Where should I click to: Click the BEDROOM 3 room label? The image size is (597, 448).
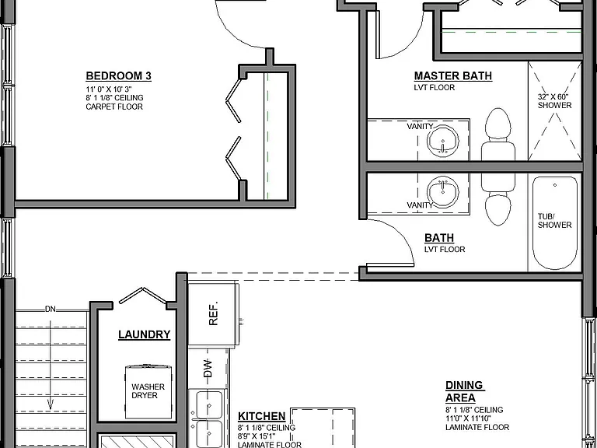(118, 76)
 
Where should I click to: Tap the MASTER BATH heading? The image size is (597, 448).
(453, 75)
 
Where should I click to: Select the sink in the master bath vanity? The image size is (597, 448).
(443, 140)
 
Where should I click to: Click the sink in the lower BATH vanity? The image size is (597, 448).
(443, 191)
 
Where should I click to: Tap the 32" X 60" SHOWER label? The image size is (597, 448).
(554, 101)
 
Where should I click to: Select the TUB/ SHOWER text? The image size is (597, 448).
(554, 221)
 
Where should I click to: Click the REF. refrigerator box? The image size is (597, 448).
(214, 313)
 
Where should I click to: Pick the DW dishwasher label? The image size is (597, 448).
(208, 369)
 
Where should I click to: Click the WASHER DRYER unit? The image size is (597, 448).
(148, 392)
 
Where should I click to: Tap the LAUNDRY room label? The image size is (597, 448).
(145, 334)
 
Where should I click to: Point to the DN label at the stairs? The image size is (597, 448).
(51, 310)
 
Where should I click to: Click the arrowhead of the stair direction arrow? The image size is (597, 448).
(51, 405)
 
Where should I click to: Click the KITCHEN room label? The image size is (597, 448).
(261, 416)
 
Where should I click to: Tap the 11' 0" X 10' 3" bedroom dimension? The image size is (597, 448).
(109, 89)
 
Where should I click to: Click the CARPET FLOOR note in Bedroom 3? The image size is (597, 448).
(114, 107)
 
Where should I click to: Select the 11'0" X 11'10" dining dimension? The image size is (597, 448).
(468, 418)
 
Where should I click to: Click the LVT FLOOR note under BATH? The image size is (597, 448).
(445, 250)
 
